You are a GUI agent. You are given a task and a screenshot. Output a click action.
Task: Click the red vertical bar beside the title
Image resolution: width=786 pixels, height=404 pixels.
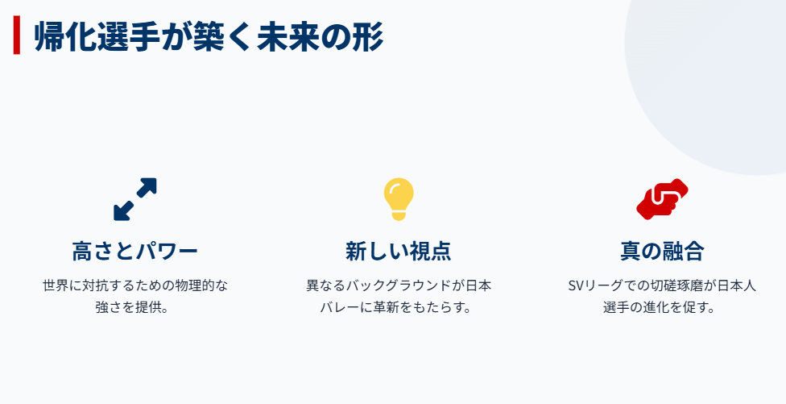[16, 36]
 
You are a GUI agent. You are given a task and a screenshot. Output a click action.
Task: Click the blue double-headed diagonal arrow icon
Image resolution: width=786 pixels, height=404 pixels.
[134, 199]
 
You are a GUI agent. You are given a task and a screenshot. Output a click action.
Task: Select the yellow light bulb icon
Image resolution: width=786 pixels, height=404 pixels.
[398, 196]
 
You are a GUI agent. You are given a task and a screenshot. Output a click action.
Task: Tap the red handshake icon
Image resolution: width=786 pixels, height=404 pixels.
[662, 198]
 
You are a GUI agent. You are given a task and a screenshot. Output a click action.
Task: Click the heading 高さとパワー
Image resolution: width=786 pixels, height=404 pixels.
[134, 251]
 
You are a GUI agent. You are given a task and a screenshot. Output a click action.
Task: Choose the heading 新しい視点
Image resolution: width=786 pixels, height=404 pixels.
[398, 251]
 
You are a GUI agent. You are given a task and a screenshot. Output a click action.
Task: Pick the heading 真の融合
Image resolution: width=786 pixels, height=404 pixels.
[662, 251]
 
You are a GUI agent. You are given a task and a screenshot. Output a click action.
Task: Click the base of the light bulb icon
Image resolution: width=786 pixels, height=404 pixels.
[398, 215]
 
